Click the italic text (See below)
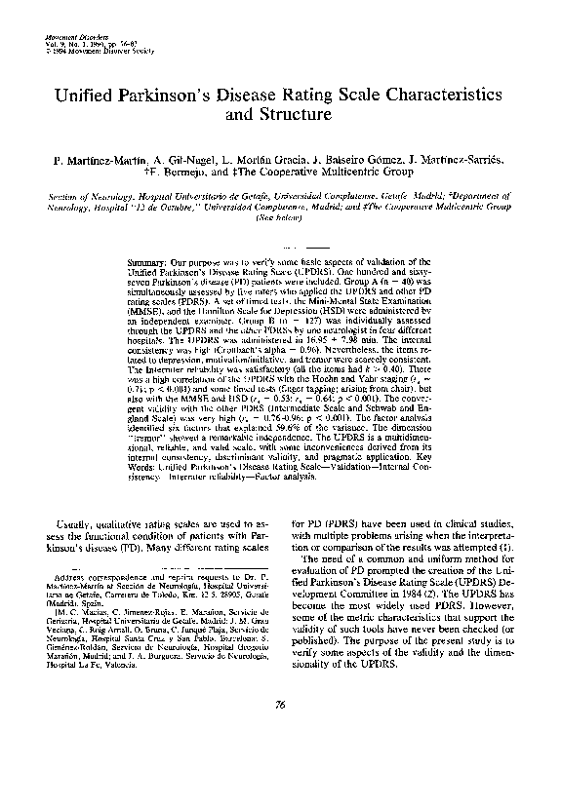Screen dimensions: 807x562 click(x=280, y=219)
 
